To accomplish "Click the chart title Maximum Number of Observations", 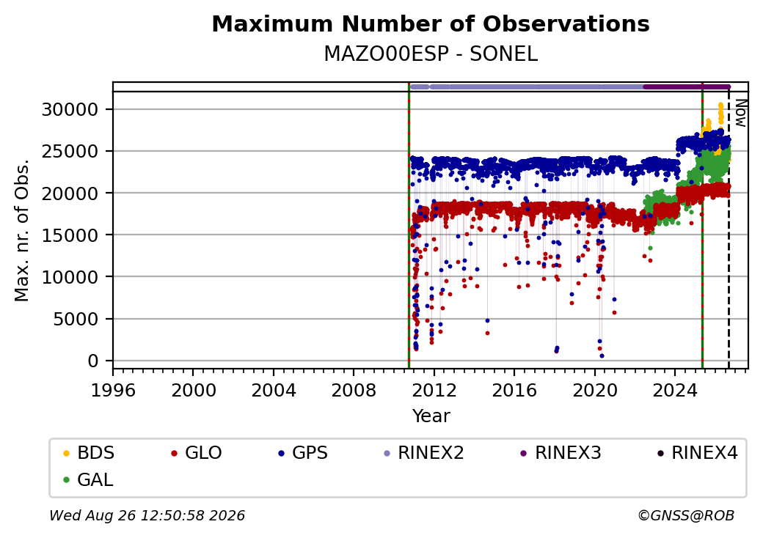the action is pos(431,23).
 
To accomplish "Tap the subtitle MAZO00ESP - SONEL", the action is pos(431,54).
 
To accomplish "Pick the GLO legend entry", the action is pos(197,453).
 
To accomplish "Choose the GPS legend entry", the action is pos(303,453).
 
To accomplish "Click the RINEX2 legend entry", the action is pos(424,453).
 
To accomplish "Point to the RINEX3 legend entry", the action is pos(561,453).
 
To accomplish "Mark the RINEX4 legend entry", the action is pos(698,453).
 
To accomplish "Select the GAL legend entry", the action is pos(88,479).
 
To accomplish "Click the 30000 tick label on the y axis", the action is pos(70,110).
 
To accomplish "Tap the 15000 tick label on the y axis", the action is pos(70,235).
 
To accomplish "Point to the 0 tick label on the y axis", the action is pos(93,361).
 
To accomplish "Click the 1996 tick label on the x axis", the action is pos(113,390).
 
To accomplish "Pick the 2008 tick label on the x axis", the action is pos(354,390).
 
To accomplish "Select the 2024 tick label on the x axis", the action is pos(674,390).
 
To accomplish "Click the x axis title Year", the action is pos(431,416).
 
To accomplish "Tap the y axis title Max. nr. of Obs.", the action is pos(22,230).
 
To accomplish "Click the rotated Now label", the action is pos(740,113).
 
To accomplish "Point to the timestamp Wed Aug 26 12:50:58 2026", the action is pos(147,515).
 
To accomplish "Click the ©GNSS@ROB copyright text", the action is pos(686,515).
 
